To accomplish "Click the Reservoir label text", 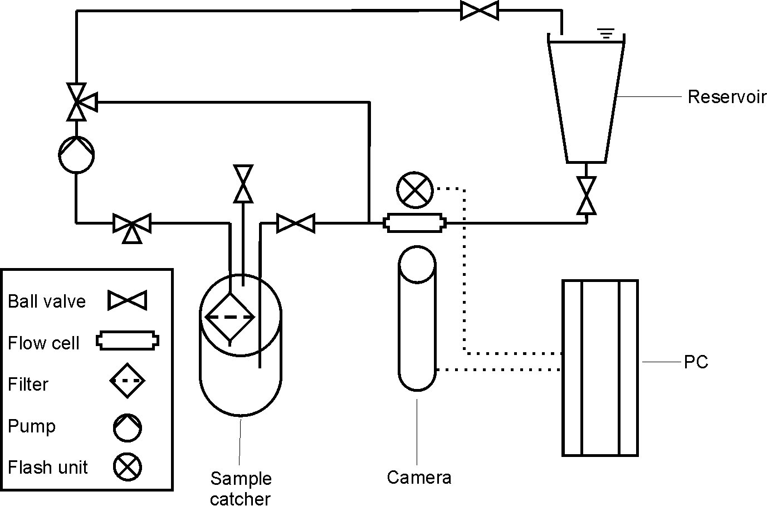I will (x=727, y=97).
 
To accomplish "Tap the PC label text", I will (x=696, y=362).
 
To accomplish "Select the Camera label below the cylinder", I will (x=419, y=478).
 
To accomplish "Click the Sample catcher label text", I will (x=241, y=488).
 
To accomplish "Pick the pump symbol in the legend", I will (x=128, y=427).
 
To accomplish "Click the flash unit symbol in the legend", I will (x=128, y=467).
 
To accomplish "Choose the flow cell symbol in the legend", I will (x=128, y=341).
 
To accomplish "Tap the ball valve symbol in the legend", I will (x=128, y=301).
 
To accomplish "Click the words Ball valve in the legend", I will (x=47, y=301).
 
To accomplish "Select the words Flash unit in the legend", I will (x=48, y=467).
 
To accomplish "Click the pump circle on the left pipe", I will (x=76, y=155).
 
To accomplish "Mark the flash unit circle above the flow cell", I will (x=415, y=189).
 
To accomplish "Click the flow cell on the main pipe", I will (x=415, y=223).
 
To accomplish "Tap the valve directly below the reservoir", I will (x=586, y=196).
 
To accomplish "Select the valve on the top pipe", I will (x=480, y=11).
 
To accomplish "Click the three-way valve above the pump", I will (x=77, y=102).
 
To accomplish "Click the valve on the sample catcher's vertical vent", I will (x=243, y=184).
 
